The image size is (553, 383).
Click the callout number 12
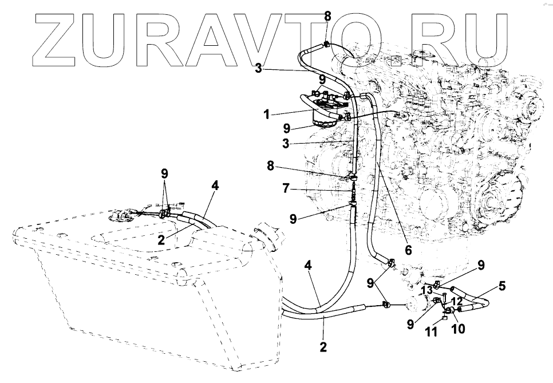tap(457, 301)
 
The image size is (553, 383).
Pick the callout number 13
tap(426, 290)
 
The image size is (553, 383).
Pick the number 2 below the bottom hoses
tap(323, 346)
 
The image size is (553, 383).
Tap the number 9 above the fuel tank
tap(164, 172)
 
